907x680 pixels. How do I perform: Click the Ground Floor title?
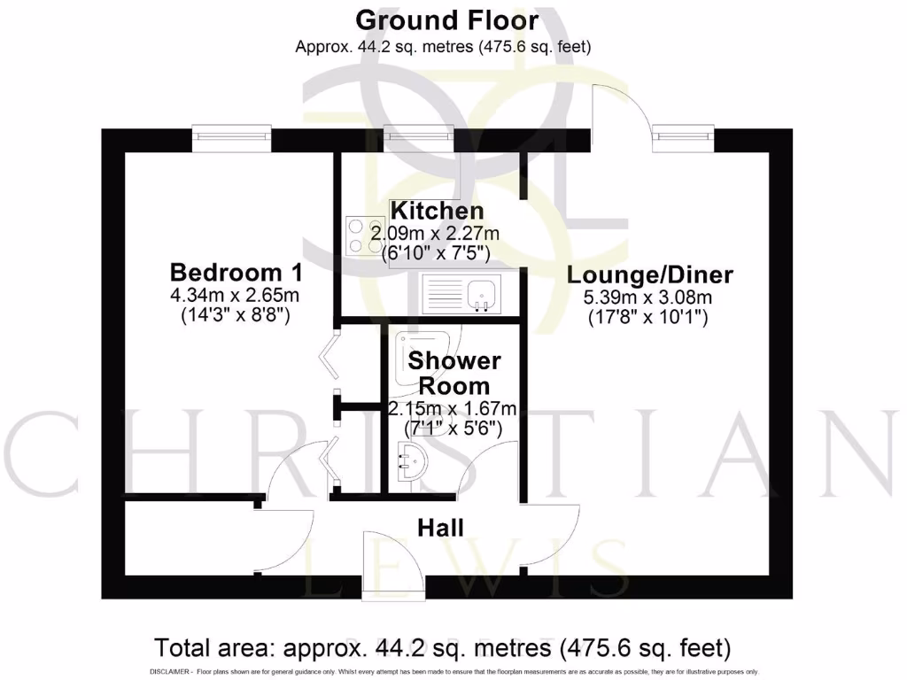[446, 19]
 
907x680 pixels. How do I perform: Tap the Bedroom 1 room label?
[236, 271]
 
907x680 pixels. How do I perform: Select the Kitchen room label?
[438, 211]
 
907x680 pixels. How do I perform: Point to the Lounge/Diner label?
[650, 274]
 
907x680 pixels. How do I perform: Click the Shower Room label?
[453, 374]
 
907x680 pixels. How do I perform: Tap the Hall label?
[440, 529]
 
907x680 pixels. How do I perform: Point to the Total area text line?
[443, 648]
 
